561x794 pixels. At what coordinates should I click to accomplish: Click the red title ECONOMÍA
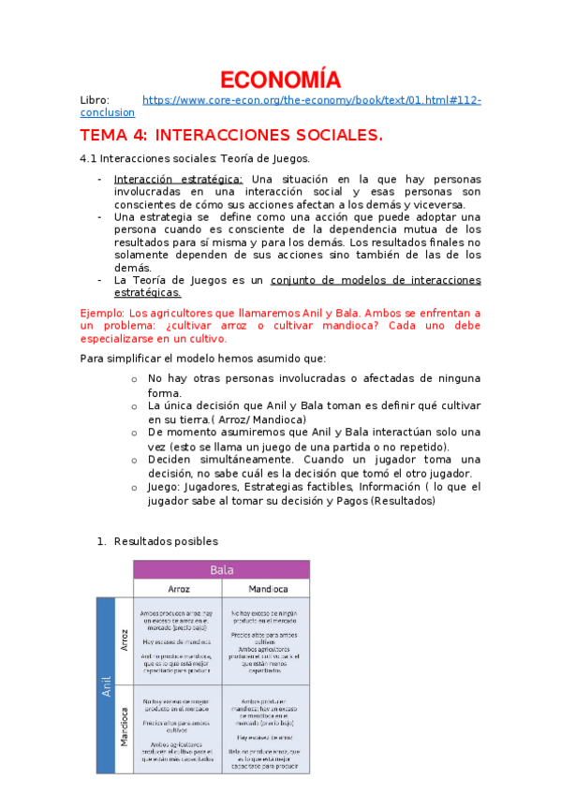point(281,80)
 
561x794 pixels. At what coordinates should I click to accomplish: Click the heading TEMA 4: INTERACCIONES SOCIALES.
point(231,136)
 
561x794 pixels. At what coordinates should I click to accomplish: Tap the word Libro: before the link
point(95,99)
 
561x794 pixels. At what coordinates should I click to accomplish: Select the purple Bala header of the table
point(221,569)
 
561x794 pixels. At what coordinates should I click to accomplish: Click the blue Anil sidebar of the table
point(106,685)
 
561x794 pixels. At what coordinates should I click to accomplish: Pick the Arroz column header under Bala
point(178,589)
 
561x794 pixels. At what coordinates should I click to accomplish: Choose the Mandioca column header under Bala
point(267,589)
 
